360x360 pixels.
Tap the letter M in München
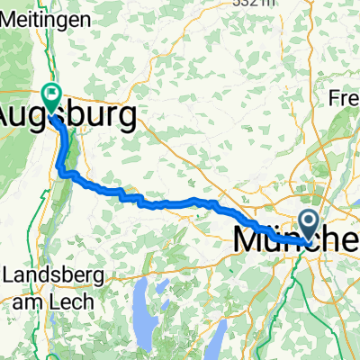point(247,240)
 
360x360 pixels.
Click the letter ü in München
point(274,240)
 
